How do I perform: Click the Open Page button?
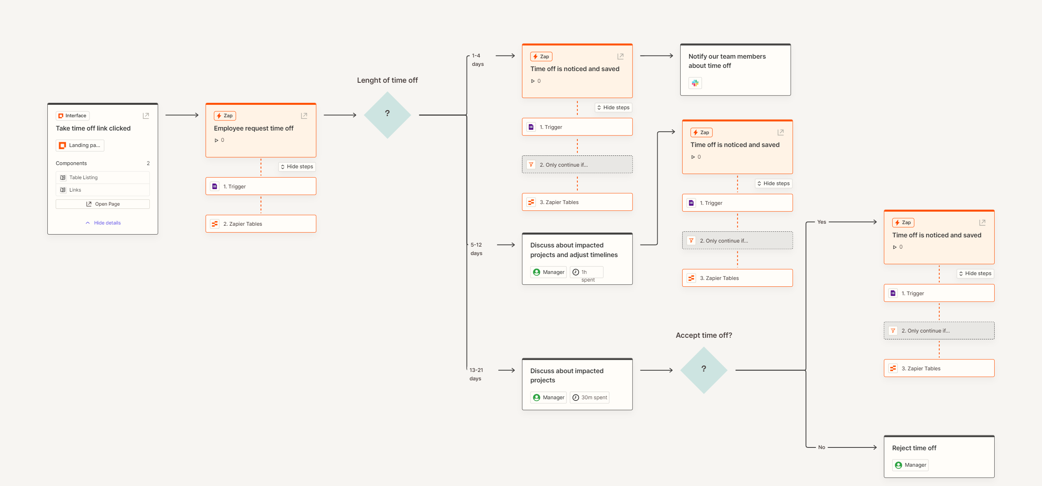pyautogui.click(x=103, y=204)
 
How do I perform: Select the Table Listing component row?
pyautogui.click(x=103, y=178)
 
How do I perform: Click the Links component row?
pyautogui.click(x=103, y=190)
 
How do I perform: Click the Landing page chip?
pyautogui.click(x=80, y=145)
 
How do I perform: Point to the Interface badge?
pyautogui.click(x=73, y=116)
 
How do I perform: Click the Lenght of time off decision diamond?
pyautogui.click(x=387, y=115)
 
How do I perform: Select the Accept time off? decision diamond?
pyautogui.click(x=704, y=370)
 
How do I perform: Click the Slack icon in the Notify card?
pyautogui.click(x=695, y=83)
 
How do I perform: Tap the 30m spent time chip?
pyautogui.click(x=589, y=397)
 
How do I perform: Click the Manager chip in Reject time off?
pyautogui.click(x=910, y=465)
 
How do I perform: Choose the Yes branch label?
pyautogui.click(x=822, y=222)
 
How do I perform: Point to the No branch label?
pyautogui.click(x=822, y=447)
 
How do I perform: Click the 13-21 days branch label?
pyautogui.click(x=476, y=374)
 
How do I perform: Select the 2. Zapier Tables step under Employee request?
pyautogui.click(x=261, y=224)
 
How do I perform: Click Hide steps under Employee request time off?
pyautogui.click(x=297, y=167)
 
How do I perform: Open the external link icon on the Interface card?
pyautogui.click(x=146, y=116)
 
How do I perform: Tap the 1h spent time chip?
pyautogui.click(x=587, y=272)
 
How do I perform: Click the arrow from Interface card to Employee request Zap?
pyautogui.click(x=182, y=115)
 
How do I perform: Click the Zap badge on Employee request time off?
pyautogui.click(x=225, y=116)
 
